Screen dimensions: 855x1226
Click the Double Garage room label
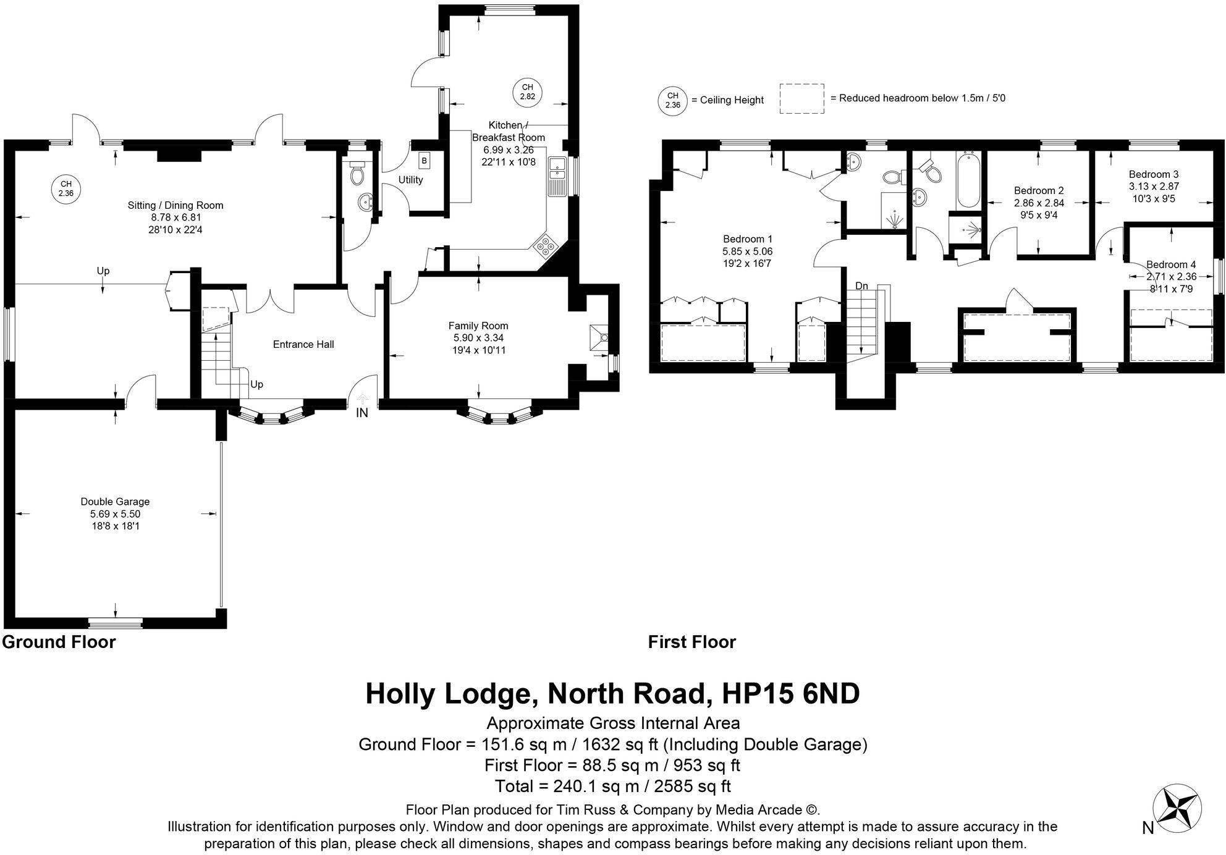115,502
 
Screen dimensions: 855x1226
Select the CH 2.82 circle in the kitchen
527,92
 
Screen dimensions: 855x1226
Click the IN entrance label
362,413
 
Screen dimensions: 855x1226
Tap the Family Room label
478,326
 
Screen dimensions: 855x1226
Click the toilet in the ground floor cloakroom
357,175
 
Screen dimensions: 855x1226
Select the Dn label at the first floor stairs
861,286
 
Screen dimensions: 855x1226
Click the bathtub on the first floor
968,180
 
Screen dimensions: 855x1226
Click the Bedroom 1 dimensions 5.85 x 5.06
747,251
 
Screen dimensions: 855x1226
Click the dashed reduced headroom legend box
801,98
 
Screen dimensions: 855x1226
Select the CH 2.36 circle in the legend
672,100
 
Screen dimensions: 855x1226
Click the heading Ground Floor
59,642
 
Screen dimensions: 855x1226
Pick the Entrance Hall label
303,344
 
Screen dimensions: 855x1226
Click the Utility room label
410,180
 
